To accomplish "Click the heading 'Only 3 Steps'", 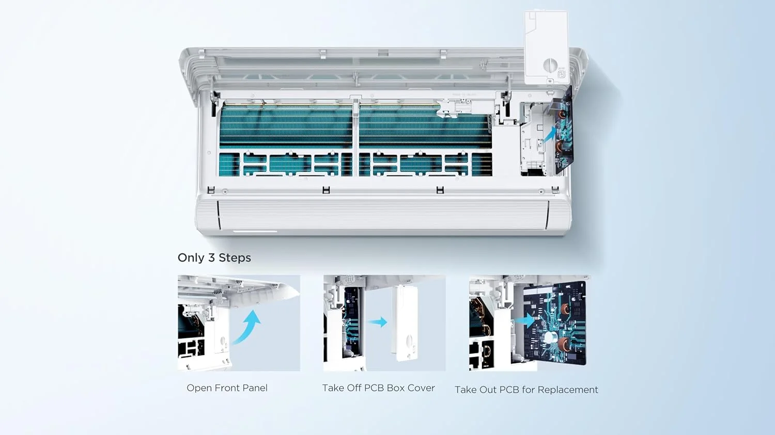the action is pyautogui.click(x=214, y=258).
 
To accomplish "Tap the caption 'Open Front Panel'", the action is pyautogui.click(x=227, y=388).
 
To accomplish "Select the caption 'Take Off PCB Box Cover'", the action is pyautogui.click(x=379, y=388).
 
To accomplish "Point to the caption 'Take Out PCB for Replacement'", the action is pyautogui.click(x=526, y=390).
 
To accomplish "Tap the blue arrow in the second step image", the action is pyautogui.click(x=378, y=322).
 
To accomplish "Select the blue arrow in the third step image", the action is pyautogui.click(x=524, y=320).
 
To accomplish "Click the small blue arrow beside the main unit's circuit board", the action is pyautogui.click(x=550, y=134).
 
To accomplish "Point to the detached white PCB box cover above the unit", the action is pyautogui.click(x=546, y=47).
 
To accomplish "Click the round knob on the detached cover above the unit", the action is pyautogui.click(x=550, y=65).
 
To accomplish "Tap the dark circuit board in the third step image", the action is pyautogui.click(x=554, y=324).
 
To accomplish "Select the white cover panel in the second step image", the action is pyautogui.click(x=405, y=323).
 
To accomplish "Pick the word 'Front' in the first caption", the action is pyautogui.click(x=227, y=388).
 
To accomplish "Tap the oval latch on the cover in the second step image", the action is pyautogui.click(x=409, y=342).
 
